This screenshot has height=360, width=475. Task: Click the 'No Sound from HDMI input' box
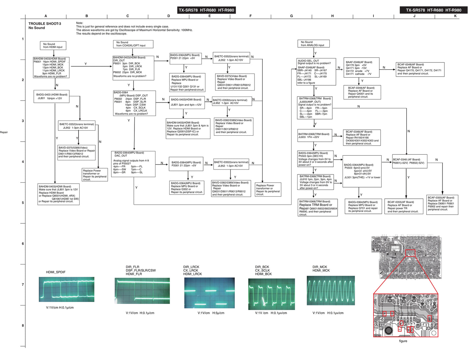coord(53,45)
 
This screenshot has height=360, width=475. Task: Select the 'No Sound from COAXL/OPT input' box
coord(133,44)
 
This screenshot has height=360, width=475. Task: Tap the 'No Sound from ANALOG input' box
coord(313,44)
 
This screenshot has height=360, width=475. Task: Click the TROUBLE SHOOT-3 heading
coord(45,24)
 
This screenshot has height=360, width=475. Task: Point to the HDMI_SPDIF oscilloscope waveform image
coord(66,289)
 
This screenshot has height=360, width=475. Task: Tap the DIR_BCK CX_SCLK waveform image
coord(271,294)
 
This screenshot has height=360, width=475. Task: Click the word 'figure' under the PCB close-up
coord(403,341)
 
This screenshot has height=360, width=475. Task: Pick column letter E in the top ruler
coord(209,16)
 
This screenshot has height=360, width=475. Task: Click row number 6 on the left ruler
coord(23,244)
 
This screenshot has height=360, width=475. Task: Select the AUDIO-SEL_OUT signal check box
coord(316,72)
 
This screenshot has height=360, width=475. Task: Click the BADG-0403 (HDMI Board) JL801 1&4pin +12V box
coord(52,97)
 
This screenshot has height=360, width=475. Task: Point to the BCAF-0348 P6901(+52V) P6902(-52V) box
coord(410,161)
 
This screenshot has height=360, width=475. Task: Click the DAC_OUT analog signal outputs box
coord(133,164)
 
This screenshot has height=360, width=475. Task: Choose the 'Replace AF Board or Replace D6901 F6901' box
coord(442,205)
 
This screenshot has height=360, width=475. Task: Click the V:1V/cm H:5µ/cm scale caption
coord(211,313)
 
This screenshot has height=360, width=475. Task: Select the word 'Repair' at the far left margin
coord(4,132)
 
